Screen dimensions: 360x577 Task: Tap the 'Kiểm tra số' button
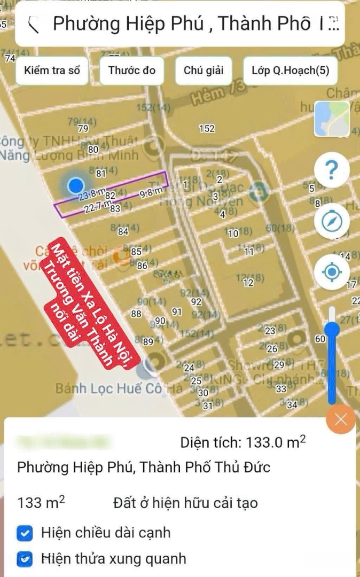(x=52, y=71)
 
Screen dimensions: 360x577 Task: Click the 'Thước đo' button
(x=132, y=71)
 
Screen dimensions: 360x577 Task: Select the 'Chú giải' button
(x=204, y=71)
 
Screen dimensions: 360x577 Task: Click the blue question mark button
(x=332, y=170)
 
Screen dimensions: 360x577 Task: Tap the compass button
(x=332, y=221)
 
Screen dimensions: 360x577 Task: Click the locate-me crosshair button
(x=332, y=272)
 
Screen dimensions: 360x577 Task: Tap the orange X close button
(x=341, y=419)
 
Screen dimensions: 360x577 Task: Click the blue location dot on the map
(x=76, y=185)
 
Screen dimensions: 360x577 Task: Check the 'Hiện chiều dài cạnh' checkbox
(x=25, y=533)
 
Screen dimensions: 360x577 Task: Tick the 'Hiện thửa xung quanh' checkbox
(x=25, y=559)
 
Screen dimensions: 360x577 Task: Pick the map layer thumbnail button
(x=332, y=119)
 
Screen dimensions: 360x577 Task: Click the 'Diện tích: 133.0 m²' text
(x=243, y=442)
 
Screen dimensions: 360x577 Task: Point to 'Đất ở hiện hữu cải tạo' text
(x=185, y=503)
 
